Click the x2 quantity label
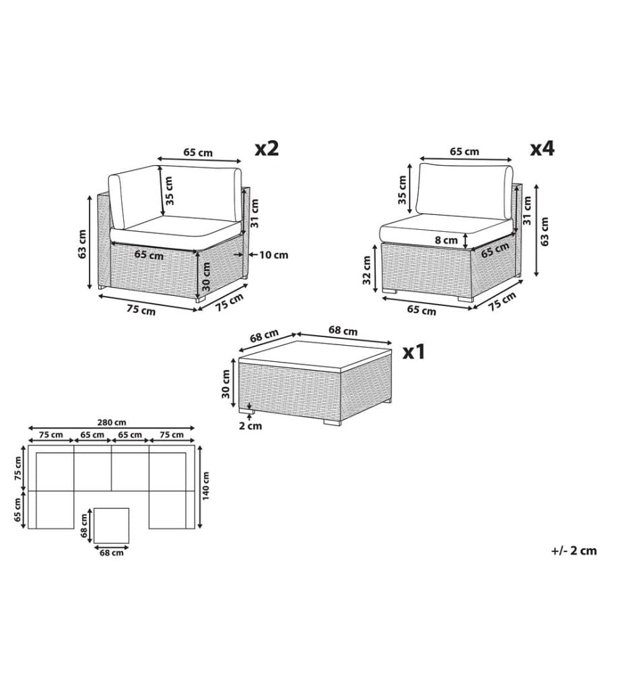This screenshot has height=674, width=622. (x=267, y=148)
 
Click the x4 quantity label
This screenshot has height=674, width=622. (x=542, y=149)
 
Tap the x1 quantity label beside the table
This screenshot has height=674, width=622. (x=414, y=352)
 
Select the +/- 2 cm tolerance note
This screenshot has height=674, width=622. (x=574, y=551)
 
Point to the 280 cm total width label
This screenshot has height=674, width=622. (x=112, y=423)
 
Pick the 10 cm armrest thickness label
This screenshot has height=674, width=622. (x=274, y=255)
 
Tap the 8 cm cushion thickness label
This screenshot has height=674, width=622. (x=446, y=241)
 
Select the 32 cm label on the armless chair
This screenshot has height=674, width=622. (x=366, y=270)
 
